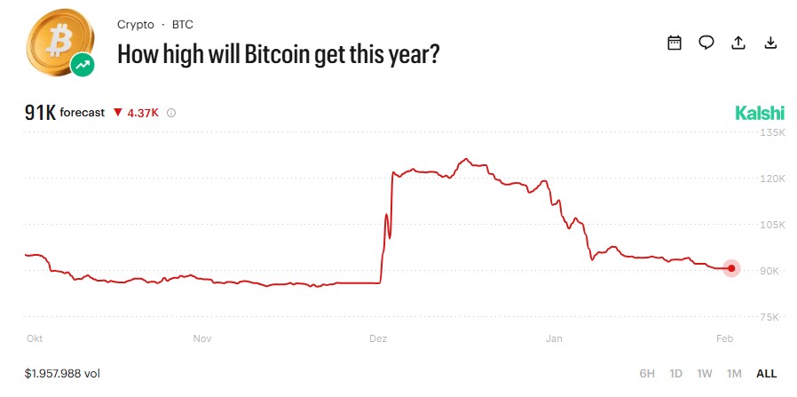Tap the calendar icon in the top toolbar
675,43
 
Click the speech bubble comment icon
706,43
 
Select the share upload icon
738,43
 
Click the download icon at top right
770,43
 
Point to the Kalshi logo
760,113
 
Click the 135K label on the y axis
774,132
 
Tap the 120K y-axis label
774,179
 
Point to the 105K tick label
774,225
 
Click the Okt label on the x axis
35,338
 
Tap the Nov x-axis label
203,338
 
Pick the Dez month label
378,338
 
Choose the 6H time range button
647,374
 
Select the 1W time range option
705,374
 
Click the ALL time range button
766,374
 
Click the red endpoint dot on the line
731,268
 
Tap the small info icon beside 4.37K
171,113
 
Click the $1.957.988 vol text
62,374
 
